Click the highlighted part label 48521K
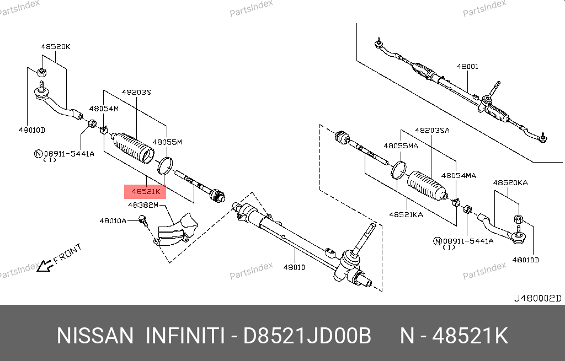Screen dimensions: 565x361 tap(145, 191)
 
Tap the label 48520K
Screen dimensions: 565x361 tap(56, 46)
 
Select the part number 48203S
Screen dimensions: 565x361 tap(136, 93)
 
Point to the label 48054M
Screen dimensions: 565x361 tap(104, 109)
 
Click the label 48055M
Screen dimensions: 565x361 tap(167, 142)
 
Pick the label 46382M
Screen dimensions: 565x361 tap(143, 205)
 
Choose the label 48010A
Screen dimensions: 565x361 tap(113, 220)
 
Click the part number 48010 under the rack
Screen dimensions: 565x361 tap(294, 267)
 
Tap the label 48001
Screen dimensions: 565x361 tap(467, 67)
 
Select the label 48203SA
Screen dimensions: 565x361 tap(433, 130)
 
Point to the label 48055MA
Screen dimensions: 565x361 tap(401, 146)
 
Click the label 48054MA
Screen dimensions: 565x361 tap(459, 176)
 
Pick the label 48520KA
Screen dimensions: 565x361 tap(510, 183)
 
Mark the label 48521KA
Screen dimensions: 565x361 tap(406, 215)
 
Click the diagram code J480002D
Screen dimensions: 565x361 tap(537, 298)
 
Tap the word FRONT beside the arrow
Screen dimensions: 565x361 tap(67, 254)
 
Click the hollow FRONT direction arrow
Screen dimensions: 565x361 tap(45, 266)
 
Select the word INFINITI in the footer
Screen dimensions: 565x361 tap(185, 336)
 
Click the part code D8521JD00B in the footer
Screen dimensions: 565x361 tap(307, 336)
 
